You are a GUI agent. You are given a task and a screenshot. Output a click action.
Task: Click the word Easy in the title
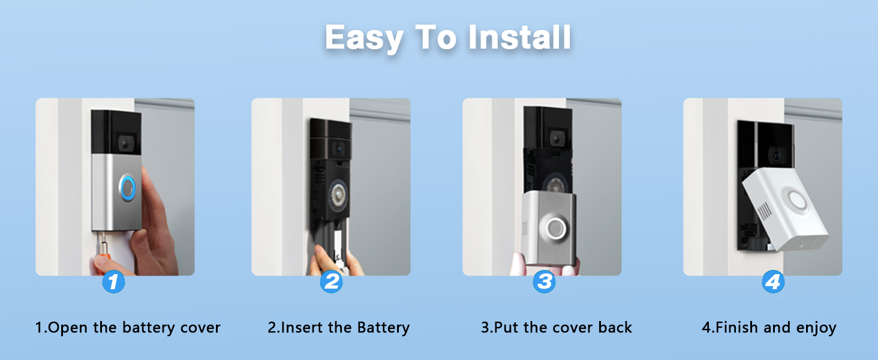(364, 38)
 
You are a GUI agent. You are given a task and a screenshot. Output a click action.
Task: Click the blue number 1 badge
(113, 282)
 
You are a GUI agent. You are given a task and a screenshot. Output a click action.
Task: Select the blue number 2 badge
(331, 282)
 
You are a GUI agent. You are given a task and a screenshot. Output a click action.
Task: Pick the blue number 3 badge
(544, 282)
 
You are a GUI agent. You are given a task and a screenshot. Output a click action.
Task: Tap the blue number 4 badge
(773, 282)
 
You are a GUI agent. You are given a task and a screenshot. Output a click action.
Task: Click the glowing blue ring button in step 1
(128, 188)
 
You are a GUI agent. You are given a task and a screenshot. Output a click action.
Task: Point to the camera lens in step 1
(125, 143)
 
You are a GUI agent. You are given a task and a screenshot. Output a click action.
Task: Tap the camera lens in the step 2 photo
(338, 149)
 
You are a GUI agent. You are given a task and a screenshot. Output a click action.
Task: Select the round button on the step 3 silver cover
(554, 227)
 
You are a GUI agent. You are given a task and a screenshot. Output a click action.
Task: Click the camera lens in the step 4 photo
(777, 155)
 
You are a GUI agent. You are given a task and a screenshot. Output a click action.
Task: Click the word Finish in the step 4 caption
(736, 328)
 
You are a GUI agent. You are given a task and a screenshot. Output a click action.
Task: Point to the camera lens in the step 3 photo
(557, 139)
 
